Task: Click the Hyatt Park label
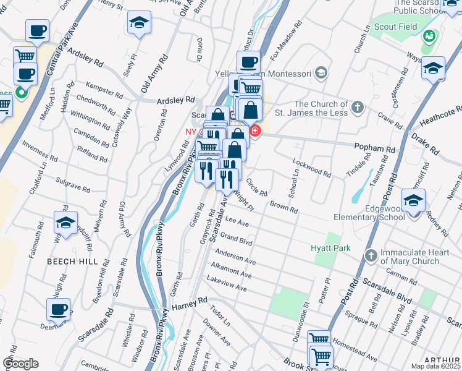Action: (x=330, y=248)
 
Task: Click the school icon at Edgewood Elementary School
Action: (x=413, y=201)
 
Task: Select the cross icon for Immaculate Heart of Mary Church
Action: (x=371, y=254)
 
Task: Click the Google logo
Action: (x=20, y=364)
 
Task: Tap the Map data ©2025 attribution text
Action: (x=435, y=366)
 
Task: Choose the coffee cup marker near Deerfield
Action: (x=59, y=309)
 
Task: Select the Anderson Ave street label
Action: (x=235, y=257)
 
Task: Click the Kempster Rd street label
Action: (x=105, y=89)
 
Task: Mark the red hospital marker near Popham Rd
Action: (x=254, y=130)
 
